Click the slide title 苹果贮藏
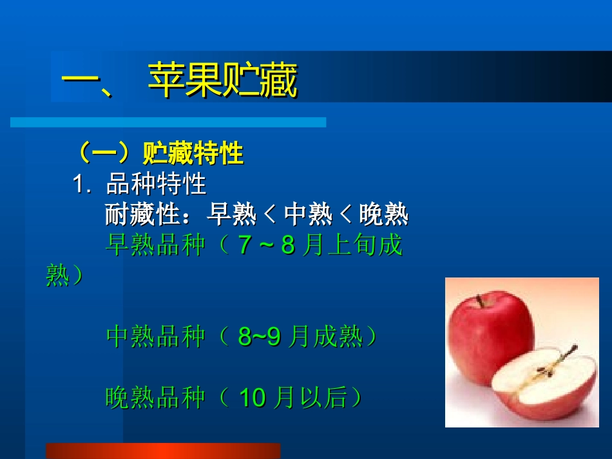[222, 80]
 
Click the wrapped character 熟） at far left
[64, 276]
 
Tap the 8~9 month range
[259, 337]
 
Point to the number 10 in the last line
[252, 398]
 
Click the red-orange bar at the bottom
[163, 451]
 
